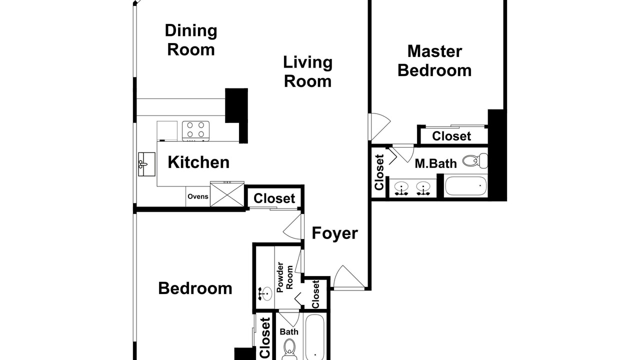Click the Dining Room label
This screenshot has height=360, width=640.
pos(191,40)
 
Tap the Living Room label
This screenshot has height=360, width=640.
pos(307,71)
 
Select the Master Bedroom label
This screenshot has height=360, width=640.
pos(434,61)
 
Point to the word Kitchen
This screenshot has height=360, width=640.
pos(198,162)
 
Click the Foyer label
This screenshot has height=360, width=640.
pos(334,233)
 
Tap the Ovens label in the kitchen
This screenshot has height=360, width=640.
pos(198,196)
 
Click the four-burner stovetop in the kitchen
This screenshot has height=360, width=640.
pos(195,131)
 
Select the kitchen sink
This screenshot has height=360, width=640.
pos(146,164)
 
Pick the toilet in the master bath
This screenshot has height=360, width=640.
pos(475,161)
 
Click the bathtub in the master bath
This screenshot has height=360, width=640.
pos(465,186)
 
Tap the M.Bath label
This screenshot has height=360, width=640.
pos(435,163)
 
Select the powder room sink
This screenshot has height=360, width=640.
pos(265,294)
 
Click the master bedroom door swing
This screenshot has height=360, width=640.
pos(379,126)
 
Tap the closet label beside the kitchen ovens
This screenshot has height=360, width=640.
pos(274,198)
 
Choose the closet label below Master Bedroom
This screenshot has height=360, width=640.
pos(451,136)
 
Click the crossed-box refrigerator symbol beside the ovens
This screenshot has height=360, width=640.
pos(227,194)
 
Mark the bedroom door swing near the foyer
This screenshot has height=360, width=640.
pos(292,226)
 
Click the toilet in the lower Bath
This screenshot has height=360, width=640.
pos(289,349)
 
